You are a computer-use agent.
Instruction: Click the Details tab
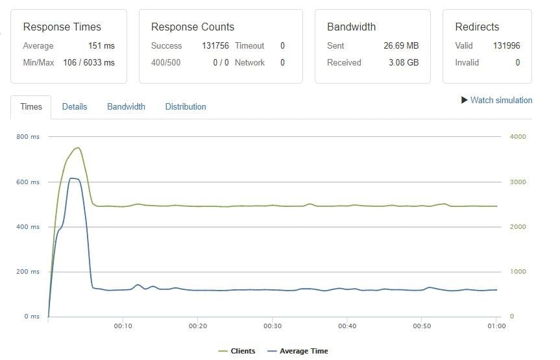pos(74,106)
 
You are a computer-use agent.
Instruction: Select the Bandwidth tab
pos(126,106)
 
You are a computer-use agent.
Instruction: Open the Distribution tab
pos(186,106)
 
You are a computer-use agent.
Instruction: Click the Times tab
pos(31,106)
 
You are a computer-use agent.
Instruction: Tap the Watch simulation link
pos(496,100)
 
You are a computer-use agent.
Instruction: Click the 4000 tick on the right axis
pos(518,137)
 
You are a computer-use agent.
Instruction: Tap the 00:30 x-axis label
pos(273,326)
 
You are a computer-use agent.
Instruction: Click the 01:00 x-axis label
pos(496,326)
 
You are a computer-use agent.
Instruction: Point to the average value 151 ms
pos(101,45)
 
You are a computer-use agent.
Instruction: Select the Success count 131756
pos(211,45)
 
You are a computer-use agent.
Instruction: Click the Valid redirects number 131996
pos(506,45)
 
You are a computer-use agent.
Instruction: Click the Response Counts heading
pos(193,27)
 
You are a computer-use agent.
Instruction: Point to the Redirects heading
pos(477,27)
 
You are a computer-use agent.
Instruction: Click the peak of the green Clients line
pos(78,148)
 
